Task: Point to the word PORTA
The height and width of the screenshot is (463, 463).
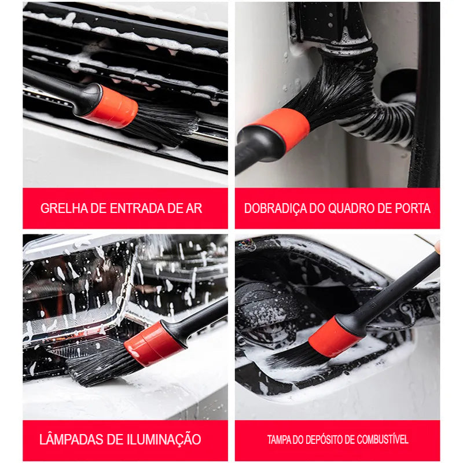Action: pos(411,208)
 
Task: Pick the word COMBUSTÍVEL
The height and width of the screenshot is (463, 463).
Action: pos(385,440)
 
